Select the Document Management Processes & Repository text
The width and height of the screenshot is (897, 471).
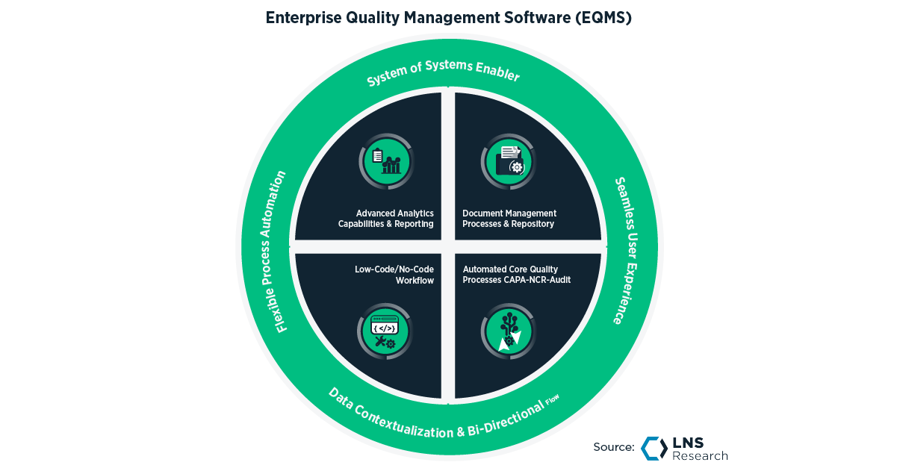(x=509, y=219)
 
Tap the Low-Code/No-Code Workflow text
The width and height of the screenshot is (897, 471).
(x=394, y=275)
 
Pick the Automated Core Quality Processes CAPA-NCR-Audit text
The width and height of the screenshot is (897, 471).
(x=515, y=275)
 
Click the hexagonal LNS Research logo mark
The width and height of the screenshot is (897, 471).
(x=654, y=448)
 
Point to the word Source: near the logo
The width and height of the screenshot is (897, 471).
(x=614, y=448)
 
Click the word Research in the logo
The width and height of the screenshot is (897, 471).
(x=701, y=455)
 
